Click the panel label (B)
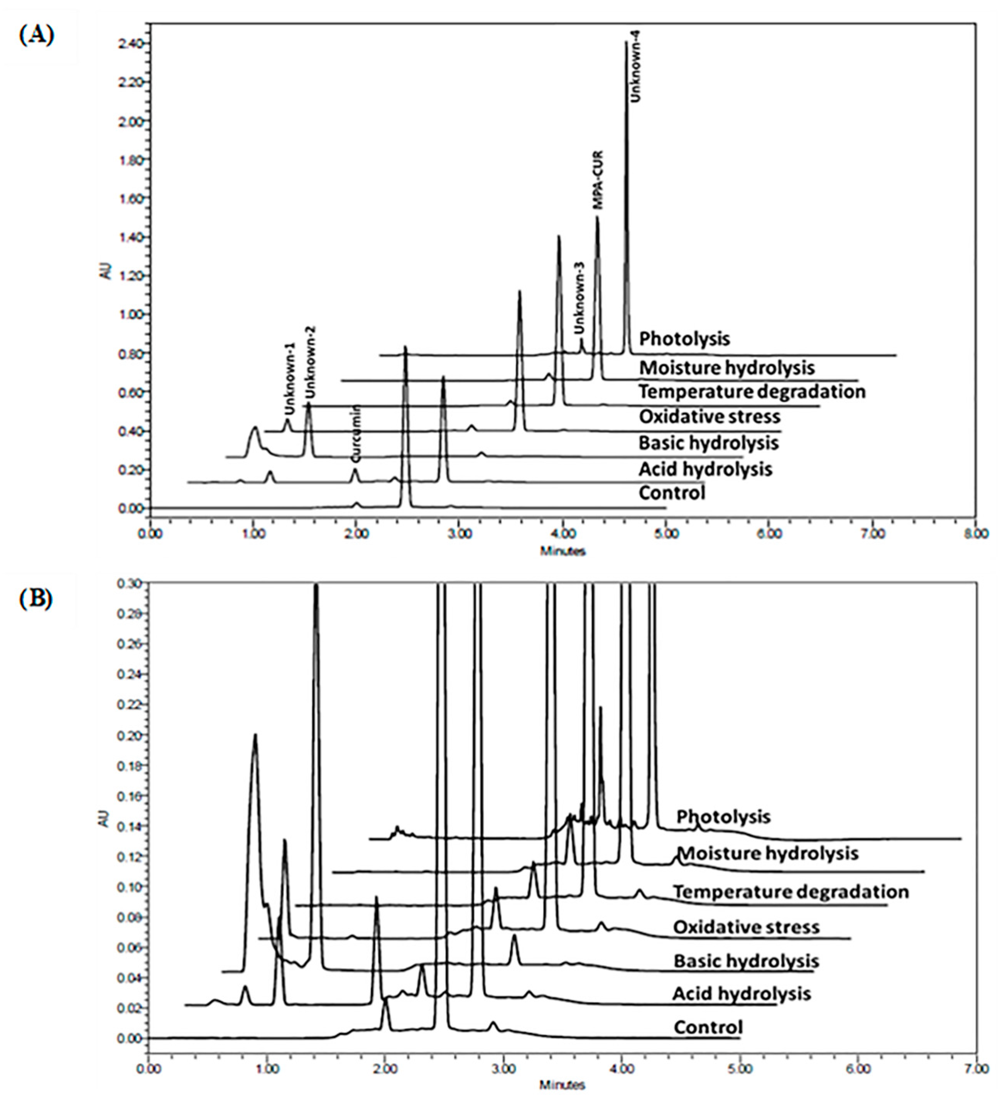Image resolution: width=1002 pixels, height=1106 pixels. (x=36, y=599)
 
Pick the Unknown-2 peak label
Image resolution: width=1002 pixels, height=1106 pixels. (x=311, y=362)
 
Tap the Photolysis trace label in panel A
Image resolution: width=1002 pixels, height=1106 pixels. (x=684, y=338)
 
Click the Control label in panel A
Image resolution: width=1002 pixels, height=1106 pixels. (x=672, y=493)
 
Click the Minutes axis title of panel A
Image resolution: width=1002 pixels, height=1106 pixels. (x=563, y=551)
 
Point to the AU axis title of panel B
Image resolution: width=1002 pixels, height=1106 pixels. (x=106, y=819)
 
